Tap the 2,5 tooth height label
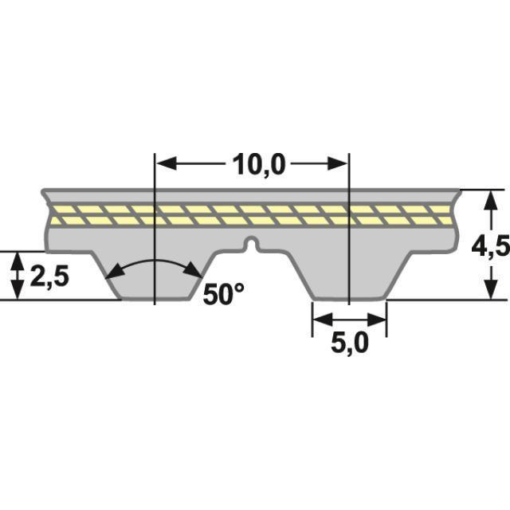[49, 277]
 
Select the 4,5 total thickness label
[490, 247]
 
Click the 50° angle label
[223, 294]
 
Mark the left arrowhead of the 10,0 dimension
[163, 163]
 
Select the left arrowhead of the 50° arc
[112, 272]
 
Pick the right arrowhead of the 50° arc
[197, 272]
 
